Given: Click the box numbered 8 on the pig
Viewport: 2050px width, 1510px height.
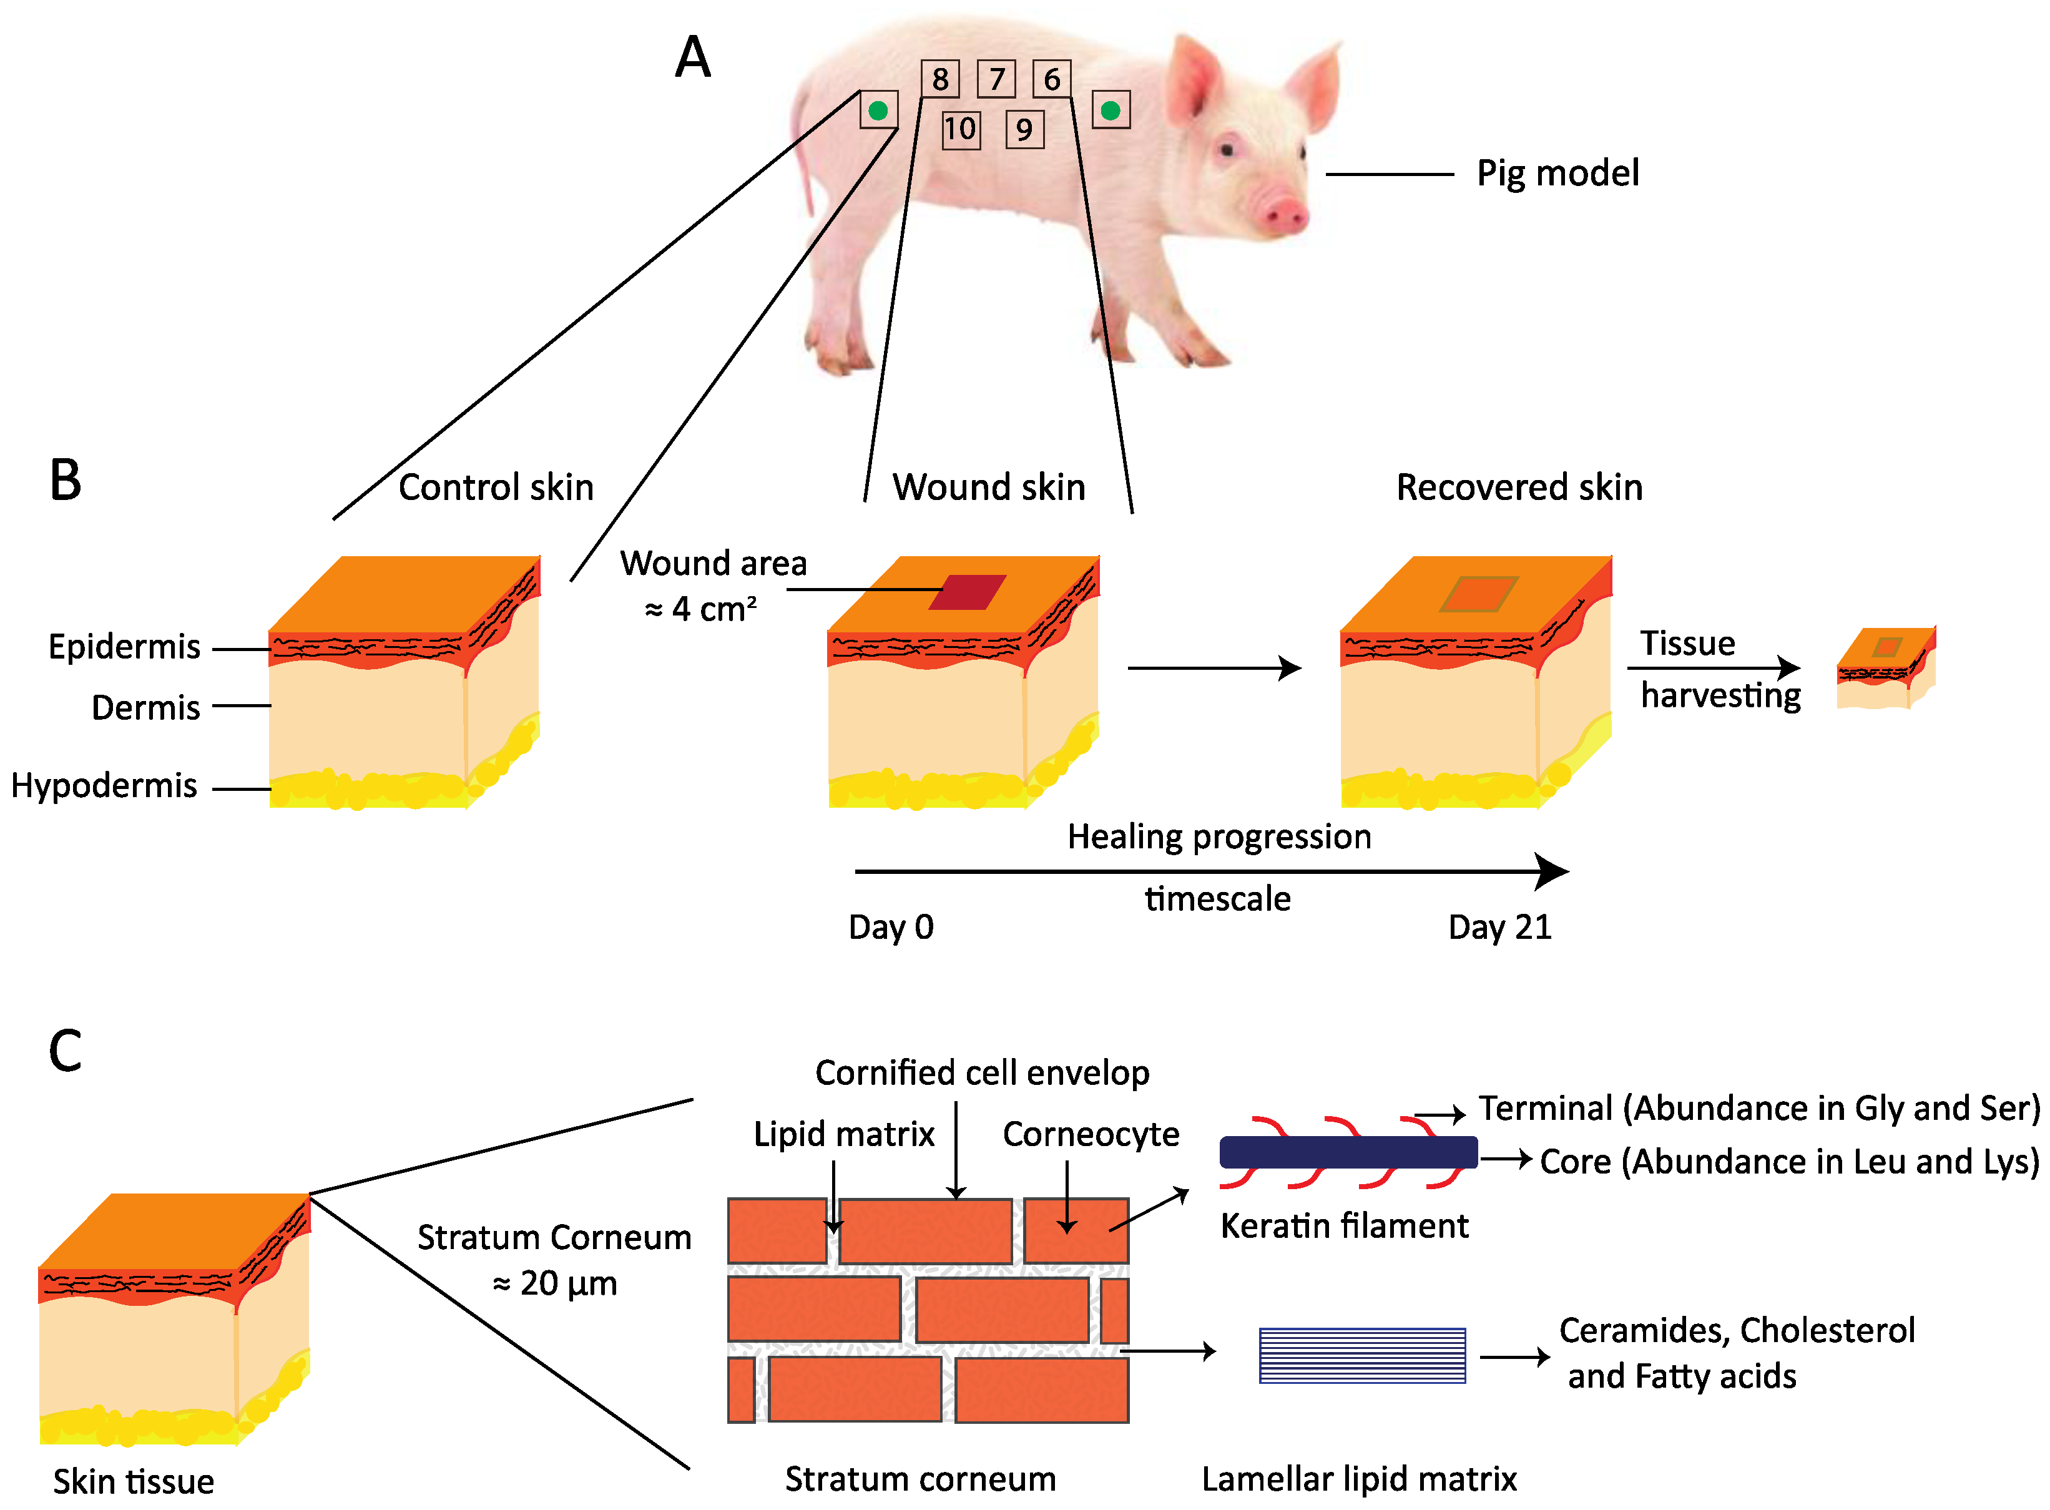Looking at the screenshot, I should (939, 79).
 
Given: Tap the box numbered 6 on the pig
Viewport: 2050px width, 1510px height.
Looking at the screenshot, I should (1051, 79).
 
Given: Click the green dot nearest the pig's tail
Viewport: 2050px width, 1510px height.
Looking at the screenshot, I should (878, 110).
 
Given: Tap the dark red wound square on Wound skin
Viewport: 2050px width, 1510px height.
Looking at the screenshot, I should (967, 591).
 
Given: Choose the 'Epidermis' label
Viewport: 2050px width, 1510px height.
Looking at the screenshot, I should (124, 646).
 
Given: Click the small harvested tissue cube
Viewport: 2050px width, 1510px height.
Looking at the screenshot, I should (1885, 668).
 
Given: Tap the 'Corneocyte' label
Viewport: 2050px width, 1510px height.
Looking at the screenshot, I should (1091, 1134).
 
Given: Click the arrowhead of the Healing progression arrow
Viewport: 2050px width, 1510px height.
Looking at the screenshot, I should (1553, 871).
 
